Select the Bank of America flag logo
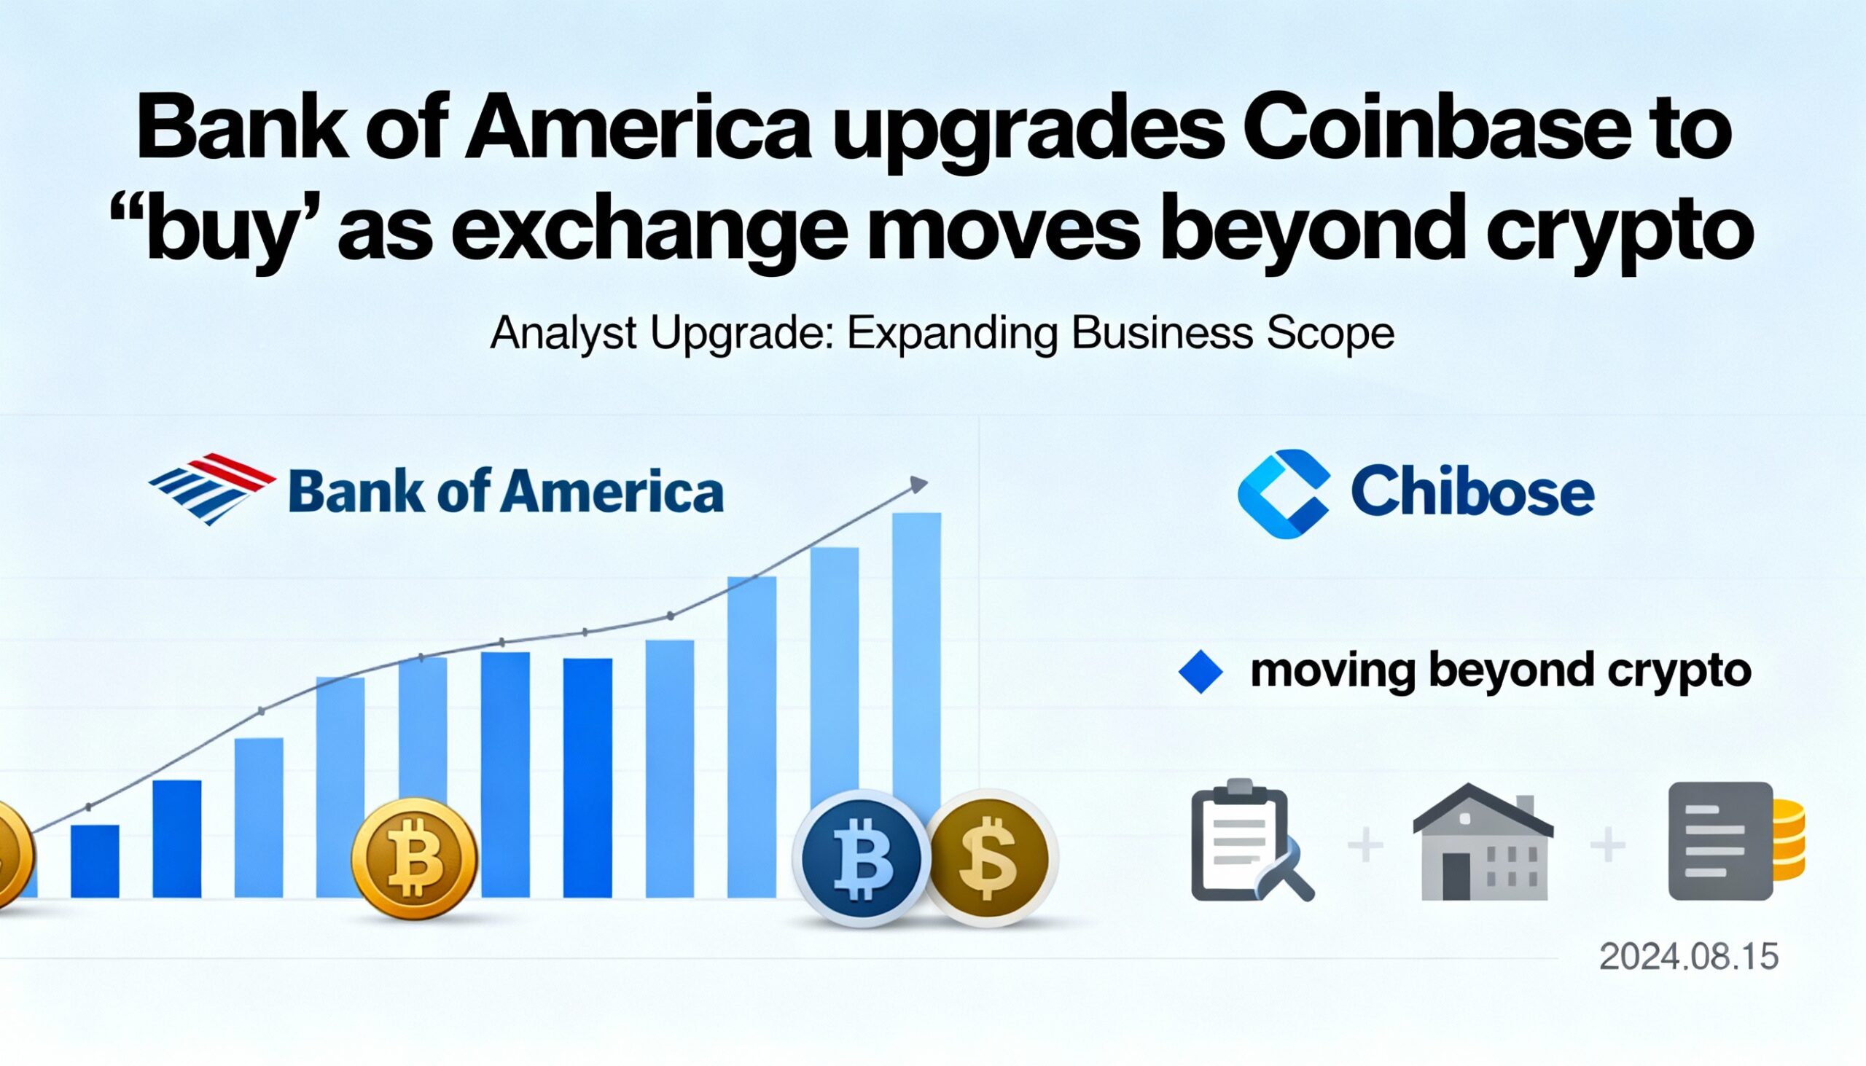pos(211,489)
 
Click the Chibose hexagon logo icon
pos(1284,493)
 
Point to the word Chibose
pos(1472,492)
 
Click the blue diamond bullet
pos(1201,671)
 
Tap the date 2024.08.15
pos(1689,957)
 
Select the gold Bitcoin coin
pos(415,858)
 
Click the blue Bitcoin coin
pos(862,858)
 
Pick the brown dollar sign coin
pos(988,858)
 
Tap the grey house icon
pos(1483,842)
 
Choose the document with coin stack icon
pos(1736,842)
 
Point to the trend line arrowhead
pos(919,484)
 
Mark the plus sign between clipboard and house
pos(1366,846)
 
